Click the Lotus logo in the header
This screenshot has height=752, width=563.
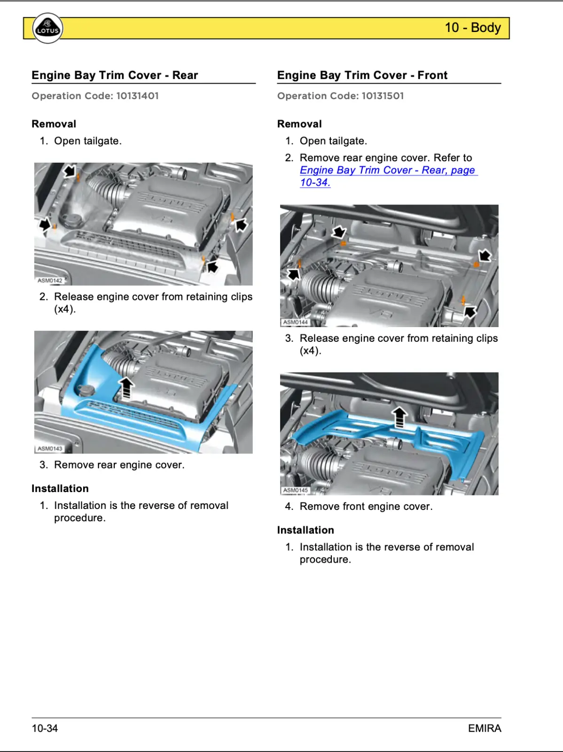(47, 28)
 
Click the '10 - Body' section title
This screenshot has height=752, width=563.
(473, 28)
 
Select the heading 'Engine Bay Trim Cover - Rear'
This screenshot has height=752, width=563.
(115, 75)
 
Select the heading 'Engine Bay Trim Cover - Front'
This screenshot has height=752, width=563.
(362, 75)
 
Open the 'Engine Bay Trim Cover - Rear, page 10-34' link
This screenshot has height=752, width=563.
(387, 171)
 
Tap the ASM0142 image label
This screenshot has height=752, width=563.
(50, 281)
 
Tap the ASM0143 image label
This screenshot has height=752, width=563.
(50, 449)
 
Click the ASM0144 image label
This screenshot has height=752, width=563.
(295, 322)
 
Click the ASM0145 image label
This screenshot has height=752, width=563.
(295, 490)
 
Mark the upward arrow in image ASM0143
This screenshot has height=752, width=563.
(126, 388)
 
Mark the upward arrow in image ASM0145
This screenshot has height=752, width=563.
(399, 417)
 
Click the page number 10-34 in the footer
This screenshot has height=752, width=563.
(45, 728)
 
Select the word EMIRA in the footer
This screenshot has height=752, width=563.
(485, 728)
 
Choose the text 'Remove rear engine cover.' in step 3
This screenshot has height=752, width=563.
(119, 465)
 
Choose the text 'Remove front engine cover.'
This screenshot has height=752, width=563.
(366, 506)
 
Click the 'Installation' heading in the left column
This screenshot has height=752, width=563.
(60, 489)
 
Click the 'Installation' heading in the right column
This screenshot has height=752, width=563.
(305, 530)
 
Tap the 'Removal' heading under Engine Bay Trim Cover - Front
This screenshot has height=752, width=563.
(299, 124)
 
